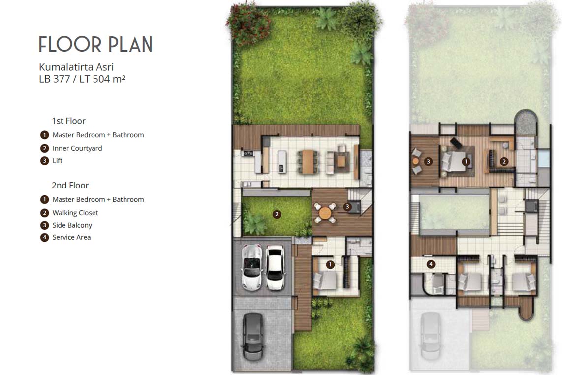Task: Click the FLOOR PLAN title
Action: pos(95,44)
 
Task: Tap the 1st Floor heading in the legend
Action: pos(68,121)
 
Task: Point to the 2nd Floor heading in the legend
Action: pos(70,185)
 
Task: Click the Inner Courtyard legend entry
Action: pos(77,148)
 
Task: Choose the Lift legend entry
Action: pos(58,161)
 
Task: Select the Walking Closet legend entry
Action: pos(75,213)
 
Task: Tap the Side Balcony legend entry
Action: pos(72,225)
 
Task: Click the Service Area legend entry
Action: pos(71,237)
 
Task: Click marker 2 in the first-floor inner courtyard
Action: pos(277,214)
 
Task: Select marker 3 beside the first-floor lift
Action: pos(347,207)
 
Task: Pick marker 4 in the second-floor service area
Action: pos(431,264)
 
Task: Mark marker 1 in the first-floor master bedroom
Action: pos(330,264)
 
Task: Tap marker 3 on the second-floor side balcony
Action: pos(429,161)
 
